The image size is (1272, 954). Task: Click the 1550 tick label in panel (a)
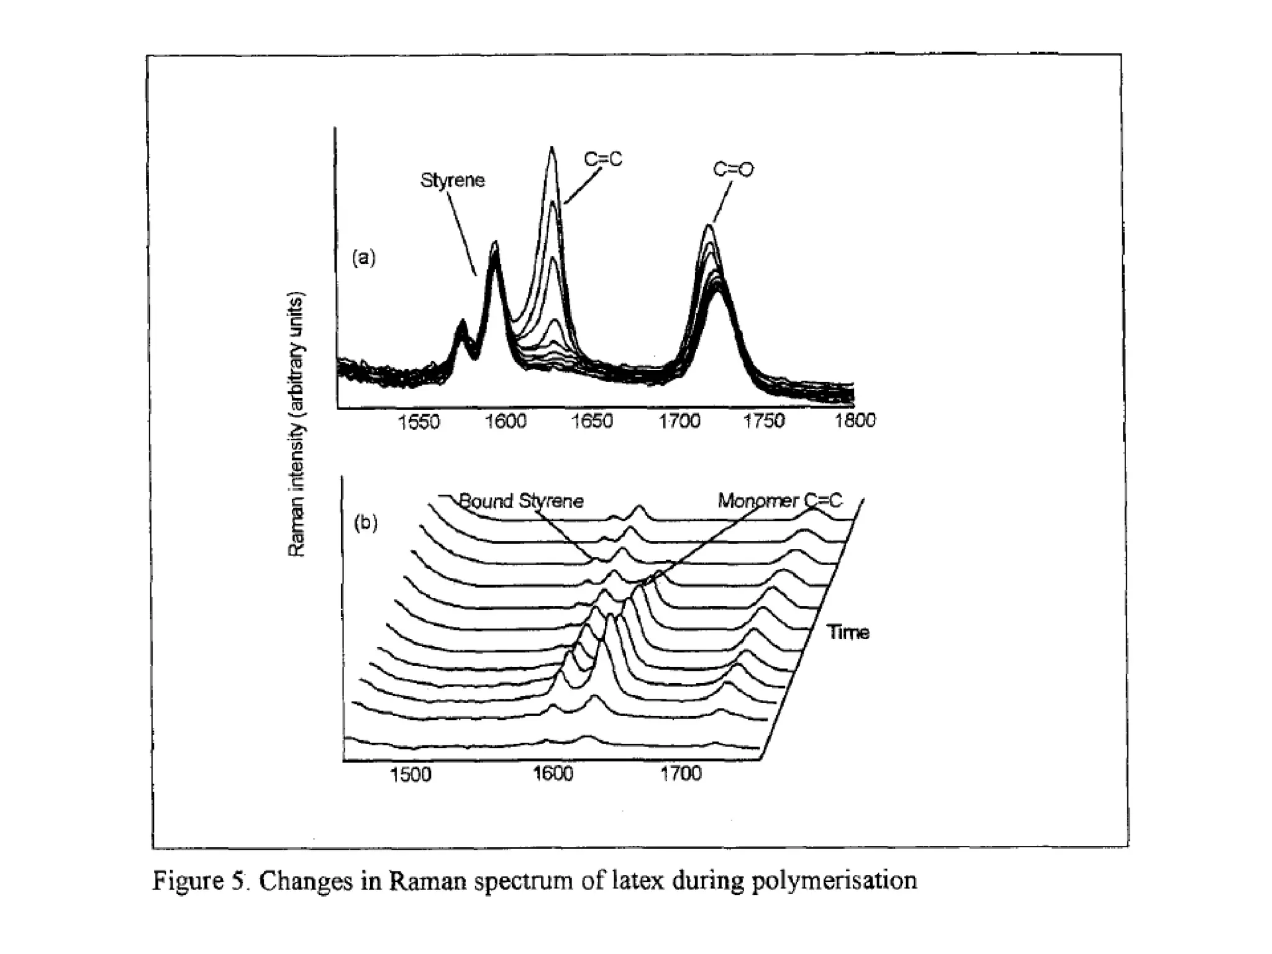pyautogui.click(x=419, y=422)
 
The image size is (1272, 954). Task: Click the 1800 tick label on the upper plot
pyautogui.click(x=855, y=420)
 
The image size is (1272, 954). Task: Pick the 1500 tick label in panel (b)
pyautogui.click(x=411, y=775)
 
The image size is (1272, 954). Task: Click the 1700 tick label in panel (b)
pyautogui.click(x=681, y=774)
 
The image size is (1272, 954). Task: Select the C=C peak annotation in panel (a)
pyautogui.click(x=602, y=160)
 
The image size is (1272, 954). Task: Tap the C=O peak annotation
pyautogui.click(x=733, y=169)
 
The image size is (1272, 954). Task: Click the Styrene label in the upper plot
pyautogui.click(x=452, y=181)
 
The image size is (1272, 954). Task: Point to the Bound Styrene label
pyautogui.click(x=521, y=501)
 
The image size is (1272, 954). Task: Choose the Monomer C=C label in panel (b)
pyautogui.click(x=780, y=501)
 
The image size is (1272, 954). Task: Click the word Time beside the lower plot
pyautogui.click(x=848, y=633)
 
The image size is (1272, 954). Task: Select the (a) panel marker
pyautogui.click(x=364, y=257)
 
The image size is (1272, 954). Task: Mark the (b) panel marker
pyautogui.click(x=365, y=523)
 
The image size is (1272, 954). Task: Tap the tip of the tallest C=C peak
pyautogui.click(x=551, y=147)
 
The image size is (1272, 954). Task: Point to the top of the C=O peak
pyautogui.click(x=709, y=225)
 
